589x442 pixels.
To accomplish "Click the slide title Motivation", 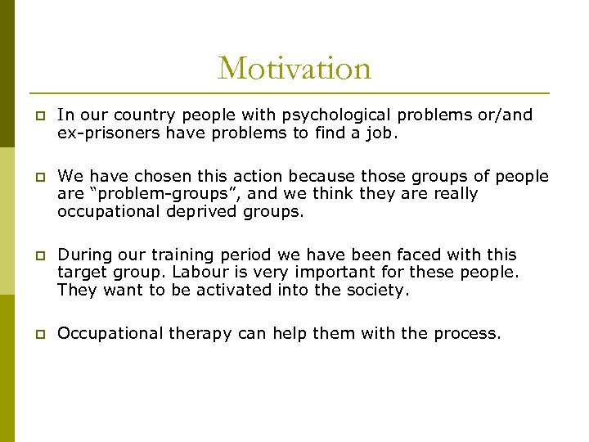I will (294, 68).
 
